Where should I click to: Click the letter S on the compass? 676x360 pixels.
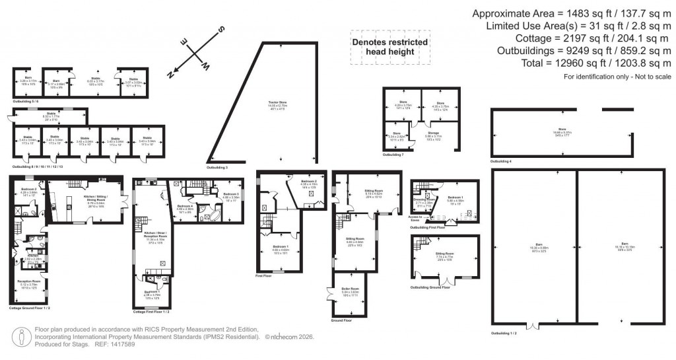coord(222,31)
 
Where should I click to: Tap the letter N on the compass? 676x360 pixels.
coord(170,75)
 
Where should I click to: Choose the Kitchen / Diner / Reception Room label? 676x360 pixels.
coord(151,236)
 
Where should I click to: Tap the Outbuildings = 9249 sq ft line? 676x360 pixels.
coord(582,51)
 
